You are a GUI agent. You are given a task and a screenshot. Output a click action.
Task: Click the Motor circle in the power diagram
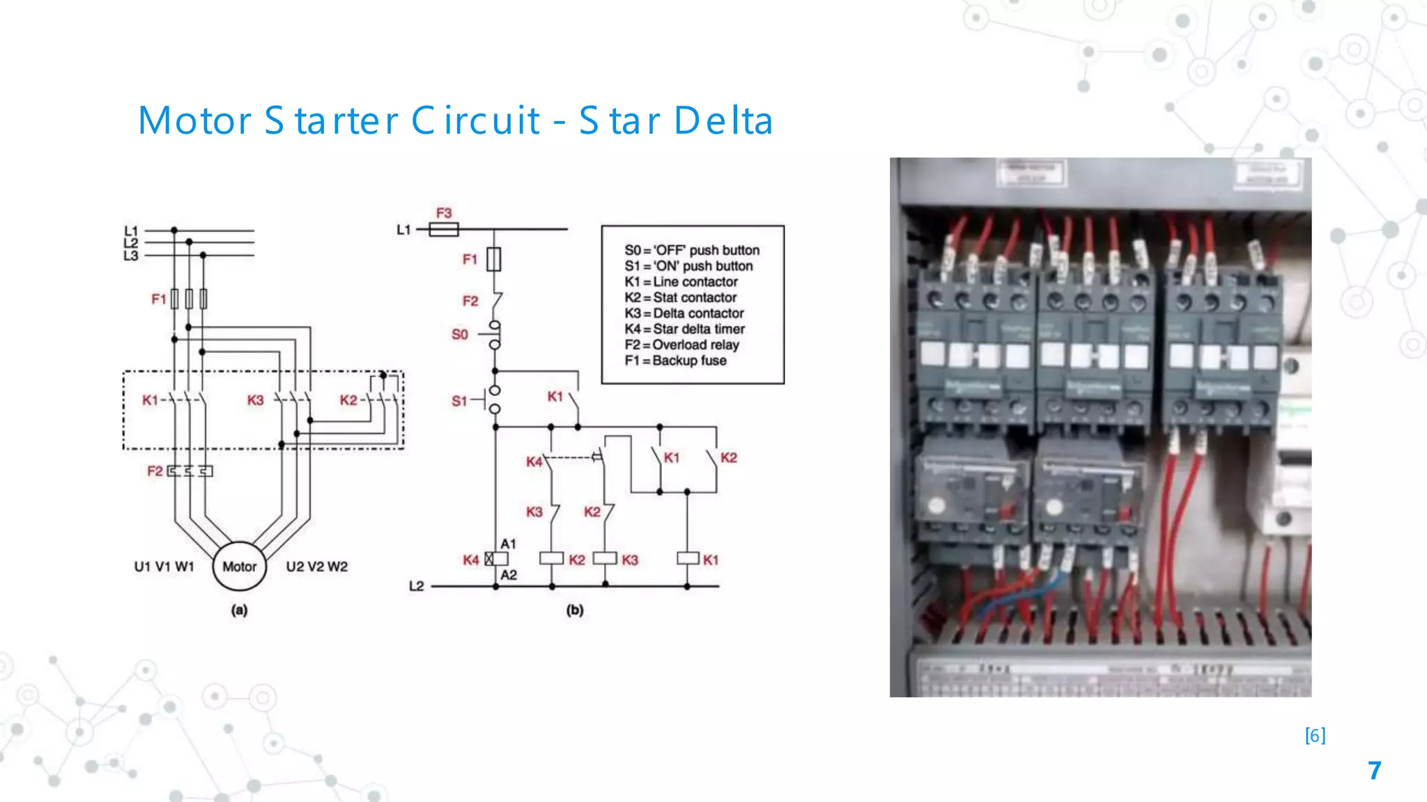pyautogui.click(x=239, y=567)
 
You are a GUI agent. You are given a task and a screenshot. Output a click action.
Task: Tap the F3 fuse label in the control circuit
pyautogui.click(x=444, y=212)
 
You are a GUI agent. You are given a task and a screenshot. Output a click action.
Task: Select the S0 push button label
pyautogui.click(x=460, y=334)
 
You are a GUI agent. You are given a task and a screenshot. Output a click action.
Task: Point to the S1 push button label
pyautogui.click(x=459, y=401)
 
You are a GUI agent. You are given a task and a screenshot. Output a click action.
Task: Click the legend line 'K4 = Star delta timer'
pyautogui.click(x=684, y=329)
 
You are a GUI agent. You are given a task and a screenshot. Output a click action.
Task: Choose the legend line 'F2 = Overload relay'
pyautogui.click(x=681, y=345)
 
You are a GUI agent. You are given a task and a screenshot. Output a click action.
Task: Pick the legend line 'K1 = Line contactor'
pyautogui.click(x=681, y=281)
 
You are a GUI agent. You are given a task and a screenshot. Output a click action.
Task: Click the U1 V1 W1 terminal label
pyautogui.click(x=164, y=567)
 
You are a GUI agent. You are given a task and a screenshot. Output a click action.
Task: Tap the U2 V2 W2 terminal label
pyautogui.click(x=316, y=567)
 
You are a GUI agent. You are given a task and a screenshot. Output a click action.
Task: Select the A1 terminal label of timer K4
pyautogui.click(x=509, y=544)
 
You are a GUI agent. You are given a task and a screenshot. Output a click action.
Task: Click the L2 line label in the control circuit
pyautogui.click(x=416, y=586)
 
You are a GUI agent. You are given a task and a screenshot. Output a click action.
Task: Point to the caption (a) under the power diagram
pyautogui.click(x=239, y=610)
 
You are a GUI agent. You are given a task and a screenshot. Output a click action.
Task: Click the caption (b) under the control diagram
pyautogui.click(x=574, y=610)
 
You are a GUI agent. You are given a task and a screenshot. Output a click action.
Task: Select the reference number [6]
pyautogui.click(x=1315, y=735)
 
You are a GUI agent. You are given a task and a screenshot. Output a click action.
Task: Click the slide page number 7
pyautogui.click(x=1374, y=771)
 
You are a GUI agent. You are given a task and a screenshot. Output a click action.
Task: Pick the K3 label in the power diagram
pyautogui.click(x=255, y=400)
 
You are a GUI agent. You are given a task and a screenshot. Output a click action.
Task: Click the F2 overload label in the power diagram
pyautogui.click(x=155, y=471)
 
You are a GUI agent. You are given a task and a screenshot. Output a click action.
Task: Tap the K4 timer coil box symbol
pyautogui.click(x=496, y=558)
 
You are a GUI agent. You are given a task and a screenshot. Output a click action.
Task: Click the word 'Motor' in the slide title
pyautogui.click(x=194, y=120)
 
